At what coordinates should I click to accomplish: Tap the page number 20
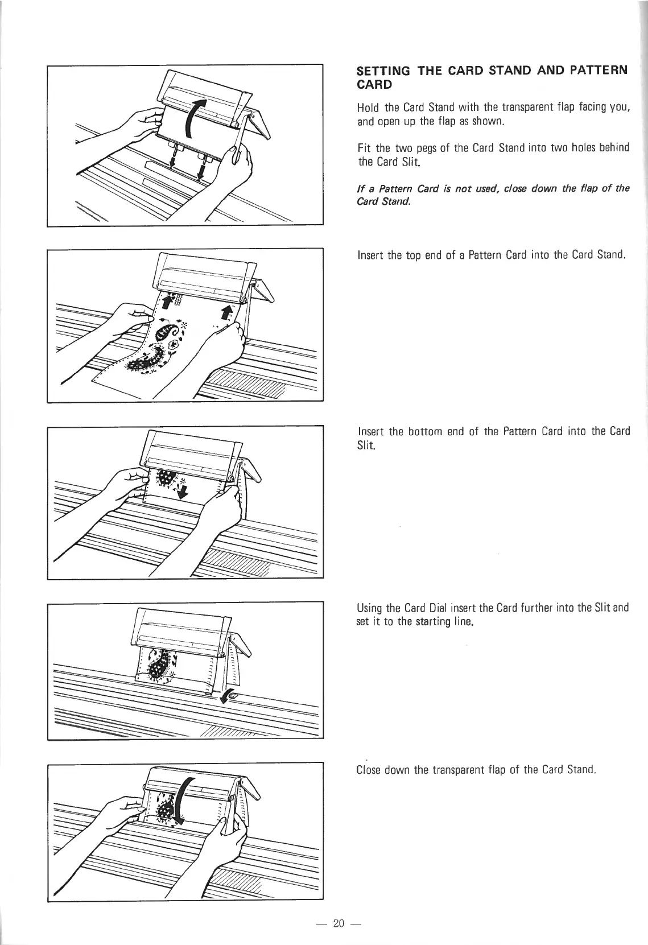point(340,923)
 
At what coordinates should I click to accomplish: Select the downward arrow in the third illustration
point(183,491)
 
